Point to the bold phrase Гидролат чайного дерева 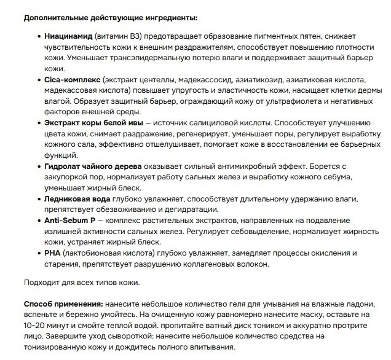(x=93, y=166)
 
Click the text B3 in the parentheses (x=135, y=37)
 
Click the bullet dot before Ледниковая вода (x=39, y=199)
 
